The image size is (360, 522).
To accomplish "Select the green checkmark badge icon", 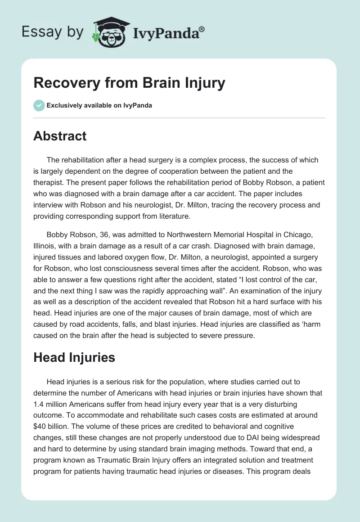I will tap(39, 105).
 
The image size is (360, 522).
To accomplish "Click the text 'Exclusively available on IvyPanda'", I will tap(99, 105).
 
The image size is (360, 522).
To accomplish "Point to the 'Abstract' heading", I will tap(60, 135).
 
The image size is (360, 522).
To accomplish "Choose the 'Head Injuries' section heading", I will tap(74, 357).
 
